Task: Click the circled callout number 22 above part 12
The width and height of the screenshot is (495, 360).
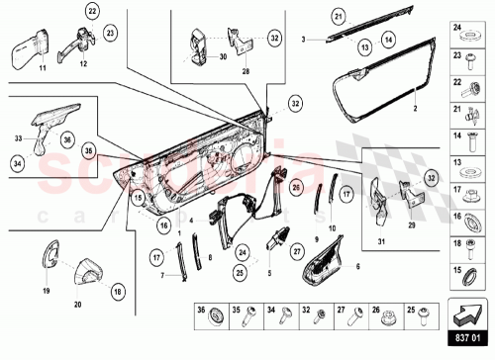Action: point(64,12)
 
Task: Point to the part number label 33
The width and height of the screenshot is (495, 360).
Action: point(18,137)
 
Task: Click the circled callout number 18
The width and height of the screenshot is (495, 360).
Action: point(118,292)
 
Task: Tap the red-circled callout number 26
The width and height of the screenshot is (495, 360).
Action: point(296,185)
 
